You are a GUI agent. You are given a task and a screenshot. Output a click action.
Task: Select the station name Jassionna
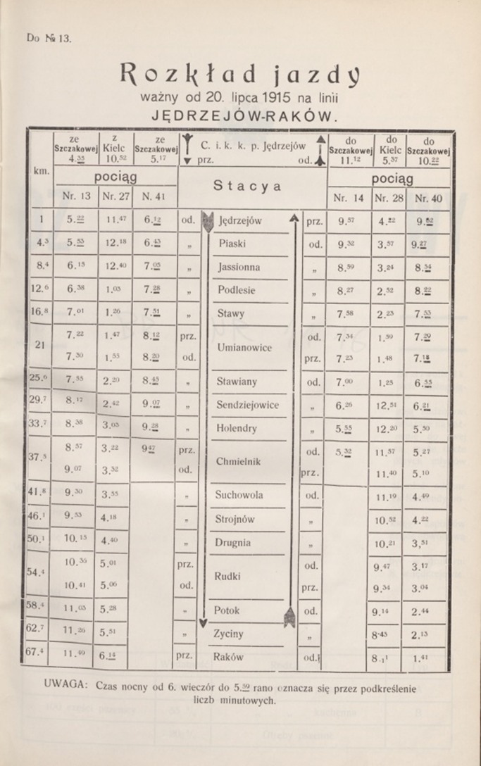coord(239,268)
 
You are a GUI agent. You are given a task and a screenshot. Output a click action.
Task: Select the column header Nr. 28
coord(389,199)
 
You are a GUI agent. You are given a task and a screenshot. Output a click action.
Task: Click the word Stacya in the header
coord(247,187)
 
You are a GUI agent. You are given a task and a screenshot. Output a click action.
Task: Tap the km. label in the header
coord(40,171)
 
